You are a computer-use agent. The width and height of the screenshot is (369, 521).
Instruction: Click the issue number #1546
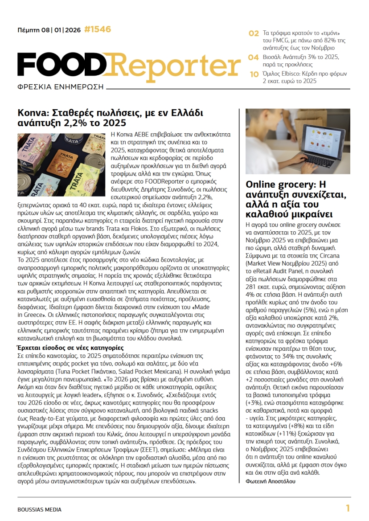click(97, 30)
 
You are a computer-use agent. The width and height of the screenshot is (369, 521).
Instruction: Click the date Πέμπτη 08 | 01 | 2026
click(49, 30)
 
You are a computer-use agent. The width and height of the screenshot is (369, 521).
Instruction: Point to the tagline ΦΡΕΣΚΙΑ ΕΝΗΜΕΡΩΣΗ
click(60, 86)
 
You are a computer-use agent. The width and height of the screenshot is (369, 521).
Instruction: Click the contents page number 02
click(254, 33)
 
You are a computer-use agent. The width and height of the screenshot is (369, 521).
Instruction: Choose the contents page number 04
click(254, 57)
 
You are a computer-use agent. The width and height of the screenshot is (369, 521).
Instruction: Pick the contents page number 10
click(254, 74)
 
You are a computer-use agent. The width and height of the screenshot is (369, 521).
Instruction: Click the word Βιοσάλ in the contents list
click(272, 57)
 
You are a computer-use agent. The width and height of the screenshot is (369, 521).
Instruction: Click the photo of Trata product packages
click(60, 158)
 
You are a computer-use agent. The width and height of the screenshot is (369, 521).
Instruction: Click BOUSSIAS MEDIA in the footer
click(39, 509)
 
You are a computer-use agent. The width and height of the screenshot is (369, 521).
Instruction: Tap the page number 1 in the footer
click(348, 509)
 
